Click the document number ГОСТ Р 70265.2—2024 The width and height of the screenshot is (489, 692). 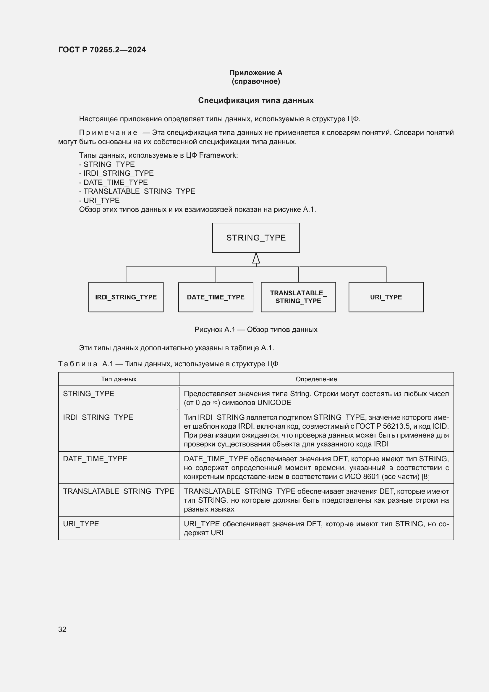pos(102,50)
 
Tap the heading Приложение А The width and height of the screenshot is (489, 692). pos(256,73)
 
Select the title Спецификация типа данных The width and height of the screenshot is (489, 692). pos(256,100)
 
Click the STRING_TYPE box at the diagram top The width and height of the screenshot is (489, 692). pos(256,238)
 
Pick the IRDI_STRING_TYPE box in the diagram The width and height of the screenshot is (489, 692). pos(126,297)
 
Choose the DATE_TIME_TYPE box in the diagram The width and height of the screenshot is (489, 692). pos(216,297)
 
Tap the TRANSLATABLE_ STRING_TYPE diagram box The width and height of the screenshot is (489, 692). pos(298,297)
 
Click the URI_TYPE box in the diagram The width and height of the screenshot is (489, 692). pos(386,297)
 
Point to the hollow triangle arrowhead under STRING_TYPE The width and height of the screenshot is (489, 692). pos(256,259)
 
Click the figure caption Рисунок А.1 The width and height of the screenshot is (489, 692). pos(256,329)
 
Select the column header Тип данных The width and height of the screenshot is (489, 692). pos(119,379)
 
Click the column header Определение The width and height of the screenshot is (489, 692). pos(316,379)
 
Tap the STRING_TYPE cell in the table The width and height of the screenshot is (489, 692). pos(88,393)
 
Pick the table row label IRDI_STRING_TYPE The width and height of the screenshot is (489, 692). pos(98,417)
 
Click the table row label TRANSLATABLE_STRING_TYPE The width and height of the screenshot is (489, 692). pos(119,491)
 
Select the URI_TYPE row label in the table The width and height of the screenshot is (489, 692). pos(81,524)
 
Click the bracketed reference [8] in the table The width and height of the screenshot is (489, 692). pos(425,477)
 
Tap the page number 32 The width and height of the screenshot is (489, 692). pos(62,629)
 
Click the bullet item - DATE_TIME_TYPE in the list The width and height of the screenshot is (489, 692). pos(114,182)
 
